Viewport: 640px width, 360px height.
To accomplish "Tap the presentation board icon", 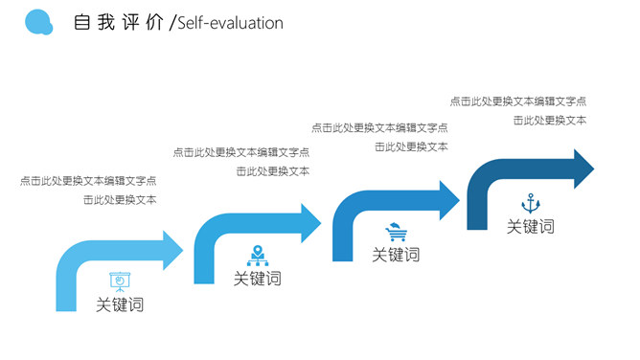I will pos(120,281).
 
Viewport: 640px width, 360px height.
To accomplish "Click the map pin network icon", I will pos(258,255).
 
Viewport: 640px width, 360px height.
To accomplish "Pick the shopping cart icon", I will pos(395,231).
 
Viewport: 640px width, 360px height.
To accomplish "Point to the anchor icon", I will pos(530,203).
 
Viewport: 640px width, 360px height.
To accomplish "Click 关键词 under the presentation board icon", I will pos(120,305).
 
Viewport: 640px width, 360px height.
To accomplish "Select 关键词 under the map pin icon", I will pos(258,279).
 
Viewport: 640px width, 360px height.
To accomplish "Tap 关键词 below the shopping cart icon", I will pos(396,255).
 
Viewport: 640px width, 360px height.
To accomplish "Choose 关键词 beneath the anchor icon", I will pos(530,227).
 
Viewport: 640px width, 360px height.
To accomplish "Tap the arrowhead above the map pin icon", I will pos(309,224).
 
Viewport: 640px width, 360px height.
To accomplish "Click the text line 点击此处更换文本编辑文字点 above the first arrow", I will pos(88,180).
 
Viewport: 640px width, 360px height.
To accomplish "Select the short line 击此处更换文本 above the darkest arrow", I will pos(550,120).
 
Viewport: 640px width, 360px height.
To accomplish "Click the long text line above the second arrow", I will pos(241,152).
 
